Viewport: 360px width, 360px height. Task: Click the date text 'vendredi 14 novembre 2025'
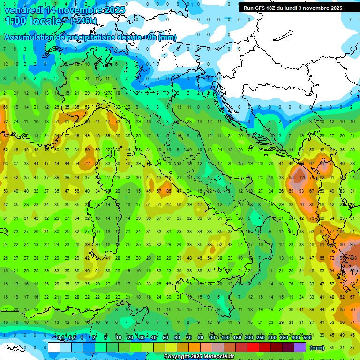click(64, 10)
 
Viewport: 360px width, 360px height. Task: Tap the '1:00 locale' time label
click(33, 21)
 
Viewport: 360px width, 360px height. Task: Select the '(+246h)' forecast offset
click(83, 21)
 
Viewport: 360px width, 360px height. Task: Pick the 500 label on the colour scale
click(307, 338)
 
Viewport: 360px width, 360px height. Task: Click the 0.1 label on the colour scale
click(60, 338)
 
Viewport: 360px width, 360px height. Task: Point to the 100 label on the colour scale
click(225, 338)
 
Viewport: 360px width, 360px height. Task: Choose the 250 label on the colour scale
click(260, 338)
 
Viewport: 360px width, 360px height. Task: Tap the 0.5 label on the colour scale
click(72, 338)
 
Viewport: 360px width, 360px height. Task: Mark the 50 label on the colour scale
click(165, 338)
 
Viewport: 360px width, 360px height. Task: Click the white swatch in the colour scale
click(54, 347)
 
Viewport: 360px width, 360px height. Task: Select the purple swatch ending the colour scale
click(300, 347)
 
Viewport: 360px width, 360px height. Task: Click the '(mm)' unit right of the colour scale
click(317, 347)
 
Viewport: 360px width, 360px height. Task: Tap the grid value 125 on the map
click(303, 178)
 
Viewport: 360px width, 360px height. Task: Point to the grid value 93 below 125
click(303, 191)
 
